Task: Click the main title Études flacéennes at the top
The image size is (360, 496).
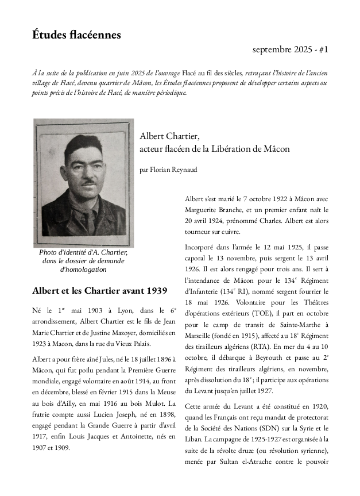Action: point(76,35)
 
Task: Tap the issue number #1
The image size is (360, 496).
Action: point(322,50)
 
